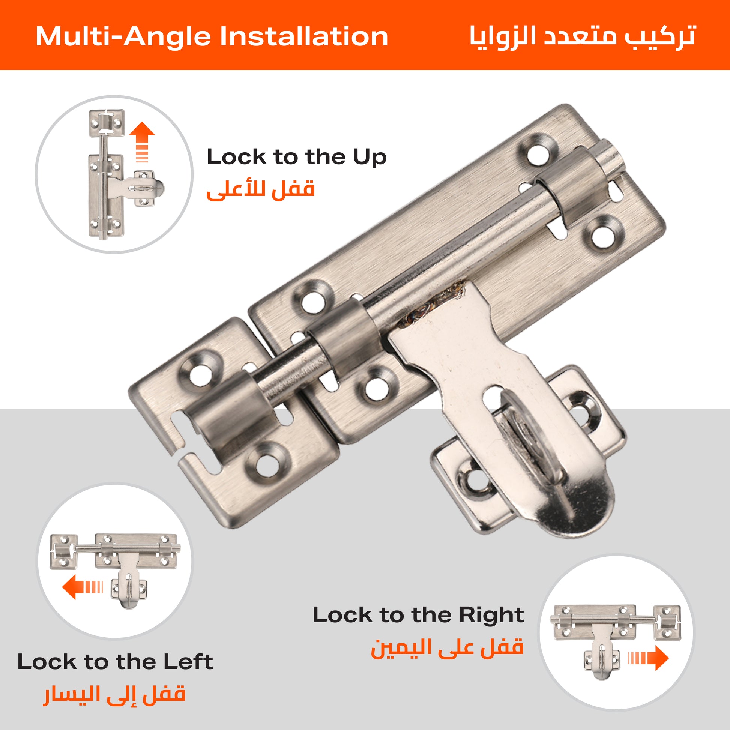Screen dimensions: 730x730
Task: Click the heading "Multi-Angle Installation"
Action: point(212,37)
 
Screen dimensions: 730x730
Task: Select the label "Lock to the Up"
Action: point(297,157)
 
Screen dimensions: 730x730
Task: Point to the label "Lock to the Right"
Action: point(418,615)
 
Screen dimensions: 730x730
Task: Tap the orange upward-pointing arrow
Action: point(142,142)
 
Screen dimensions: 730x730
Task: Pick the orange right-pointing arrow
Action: point(648,658)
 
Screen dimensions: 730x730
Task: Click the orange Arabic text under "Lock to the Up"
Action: point(261,189)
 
